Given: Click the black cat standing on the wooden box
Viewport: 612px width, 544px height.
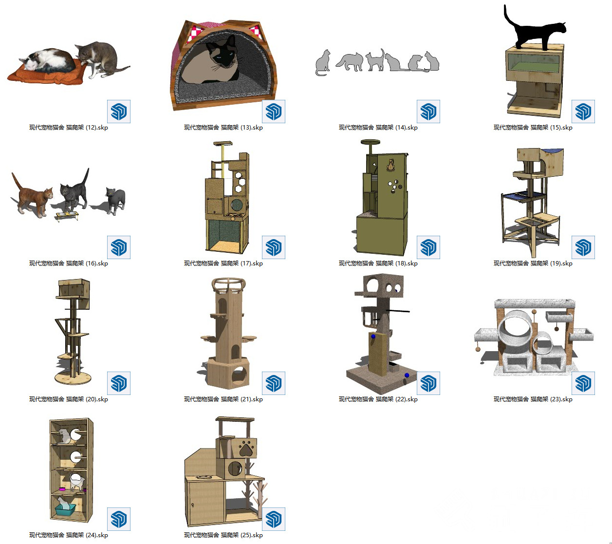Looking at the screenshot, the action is point(533,32).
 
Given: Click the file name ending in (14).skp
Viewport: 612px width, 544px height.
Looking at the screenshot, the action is point(378,128).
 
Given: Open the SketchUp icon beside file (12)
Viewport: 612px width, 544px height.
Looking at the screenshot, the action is point(119,112).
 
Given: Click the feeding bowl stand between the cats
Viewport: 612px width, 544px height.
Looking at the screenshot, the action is point(67,216).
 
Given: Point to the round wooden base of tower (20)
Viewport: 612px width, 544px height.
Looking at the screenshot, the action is point(73,378).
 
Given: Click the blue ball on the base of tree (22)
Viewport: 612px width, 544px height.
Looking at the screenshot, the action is point(407,375).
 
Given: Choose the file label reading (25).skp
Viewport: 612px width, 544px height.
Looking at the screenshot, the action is point(223,535).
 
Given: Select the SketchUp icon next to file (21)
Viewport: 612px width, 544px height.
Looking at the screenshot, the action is point(273,383).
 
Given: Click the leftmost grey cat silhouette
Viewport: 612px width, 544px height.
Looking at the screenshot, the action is point(322,63).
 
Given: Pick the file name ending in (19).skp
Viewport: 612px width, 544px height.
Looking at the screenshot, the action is point(533,263).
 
